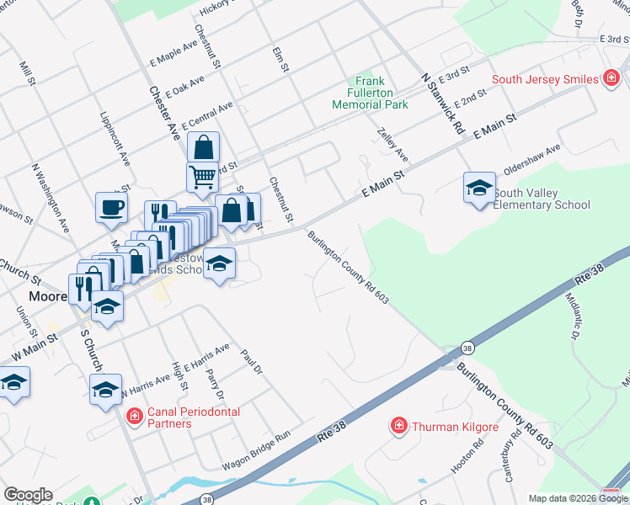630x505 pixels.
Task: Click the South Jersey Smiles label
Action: (545, 80)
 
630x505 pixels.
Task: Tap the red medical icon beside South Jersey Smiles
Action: (611, 80)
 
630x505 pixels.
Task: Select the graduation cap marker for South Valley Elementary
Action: (479, 187)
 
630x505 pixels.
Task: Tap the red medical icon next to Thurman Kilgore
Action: (399, 427)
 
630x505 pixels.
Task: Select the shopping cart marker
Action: (202, 178)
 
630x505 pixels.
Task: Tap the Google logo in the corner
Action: (27, 495)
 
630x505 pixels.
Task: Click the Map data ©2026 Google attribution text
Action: (579, 498)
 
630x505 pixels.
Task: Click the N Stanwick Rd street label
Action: (443, 104)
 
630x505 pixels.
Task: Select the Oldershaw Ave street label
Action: (531, 157)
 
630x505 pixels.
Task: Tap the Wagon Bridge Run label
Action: (256, 450)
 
